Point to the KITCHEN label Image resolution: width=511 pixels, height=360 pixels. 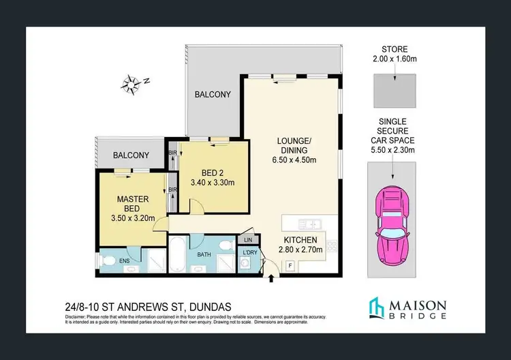[300, 240]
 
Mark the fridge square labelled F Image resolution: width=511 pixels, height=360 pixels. [290, 265]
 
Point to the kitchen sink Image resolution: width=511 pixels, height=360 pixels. [309, 223]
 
